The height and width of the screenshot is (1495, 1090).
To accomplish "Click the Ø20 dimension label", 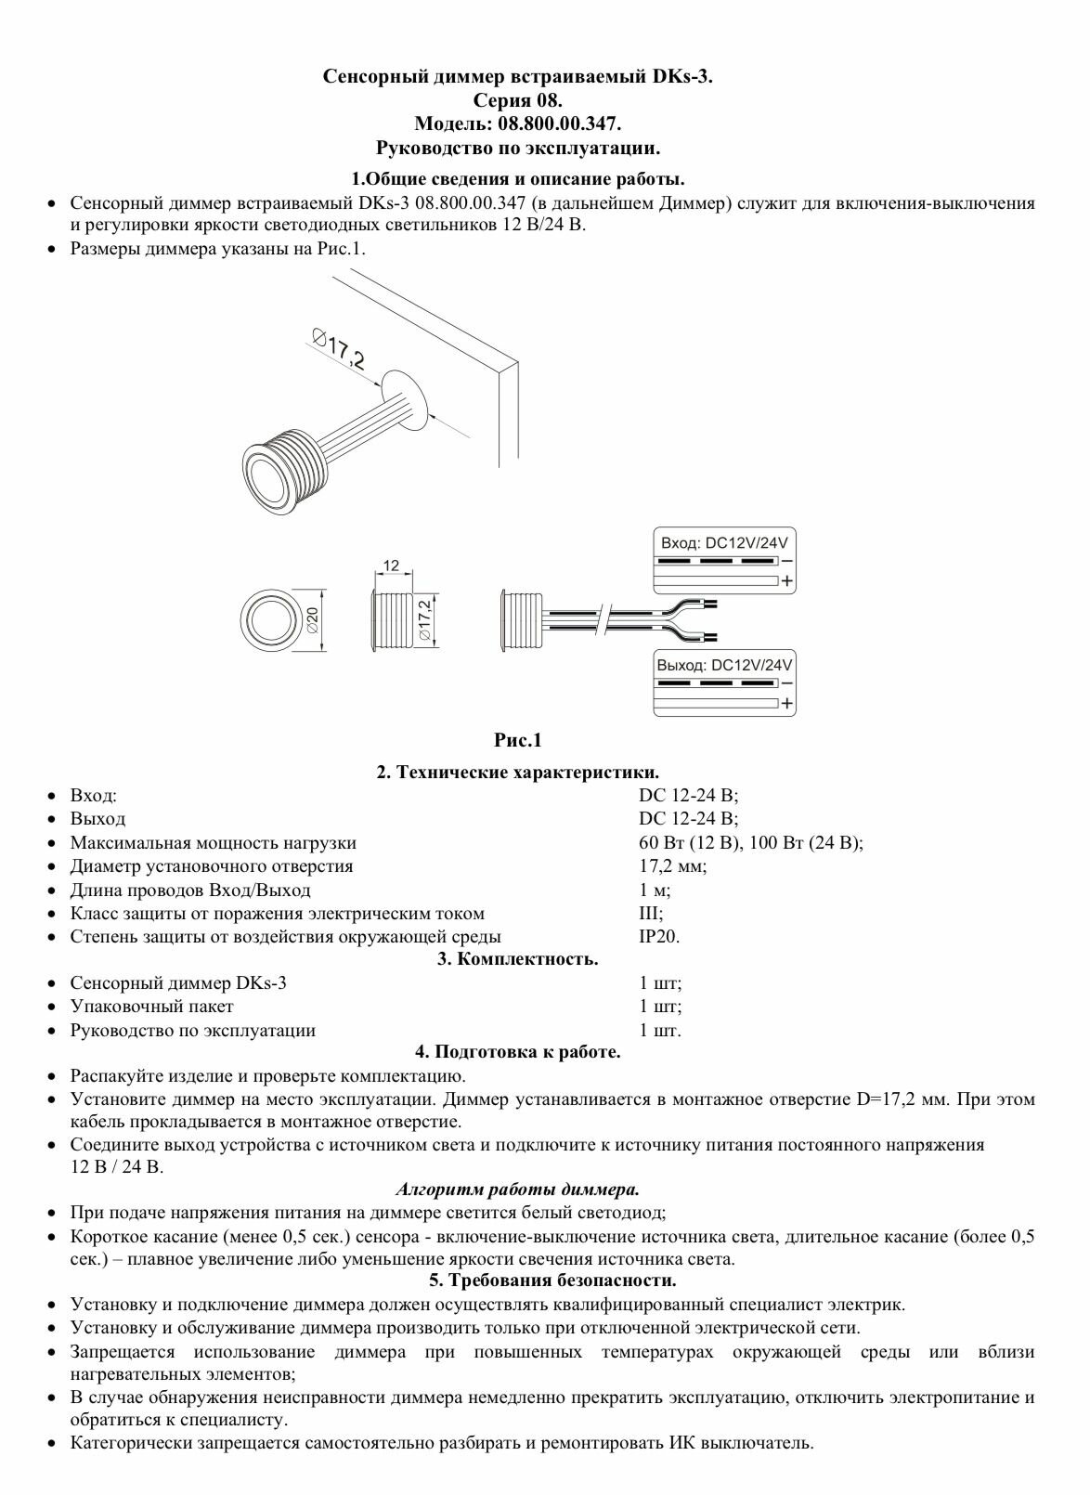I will (313, 619).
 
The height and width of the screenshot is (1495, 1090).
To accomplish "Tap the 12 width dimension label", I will (391, 565).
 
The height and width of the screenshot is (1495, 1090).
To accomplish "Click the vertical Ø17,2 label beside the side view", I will (424, 619).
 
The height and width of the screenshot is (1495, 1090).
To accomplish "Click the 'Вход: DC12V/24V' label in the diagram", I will (724, 543).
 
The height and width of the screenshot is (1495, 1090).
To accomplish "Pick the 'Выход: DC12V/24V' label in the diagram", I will (724, 665).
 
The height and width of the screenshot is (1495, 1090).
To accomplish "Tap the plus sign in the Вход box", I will (787, 581).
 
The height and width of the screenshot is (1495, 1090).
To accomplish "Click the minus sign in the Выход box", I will (787, 683).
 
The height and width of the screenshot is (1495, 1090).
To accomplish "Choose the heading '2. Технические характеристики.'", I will (517, 772).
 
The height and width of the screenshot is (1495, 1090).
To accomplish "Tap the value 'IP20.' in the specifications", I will (659, 936).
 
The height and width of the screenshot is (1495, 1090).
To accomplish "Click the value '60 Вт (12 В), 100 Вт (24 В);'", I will (750, 842).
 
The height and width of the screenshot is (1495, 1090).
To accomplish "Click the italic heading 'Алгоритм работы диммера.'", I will (517, 1189).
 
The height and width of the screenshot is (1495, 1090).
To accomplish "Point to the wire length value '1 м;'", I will (655, 890).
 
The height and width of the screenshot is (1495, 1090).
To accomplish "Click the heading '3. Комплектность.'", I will (517, 959).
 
